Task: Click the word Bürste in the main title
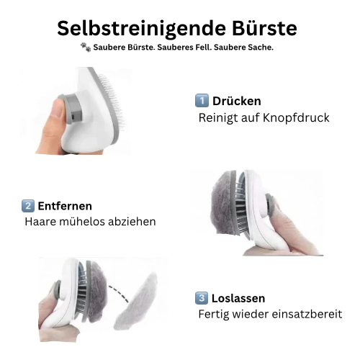click(x=261, y=28)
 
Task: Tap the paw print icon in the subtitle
click(x=86, y=48)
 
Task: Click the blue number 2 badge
click(x=27, y=206)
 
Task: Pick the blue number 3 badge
click(x=202, y=298)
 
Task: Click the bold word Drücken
click(x=236, y=101)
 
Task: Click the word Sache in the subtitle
click(x=256, y=48)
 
